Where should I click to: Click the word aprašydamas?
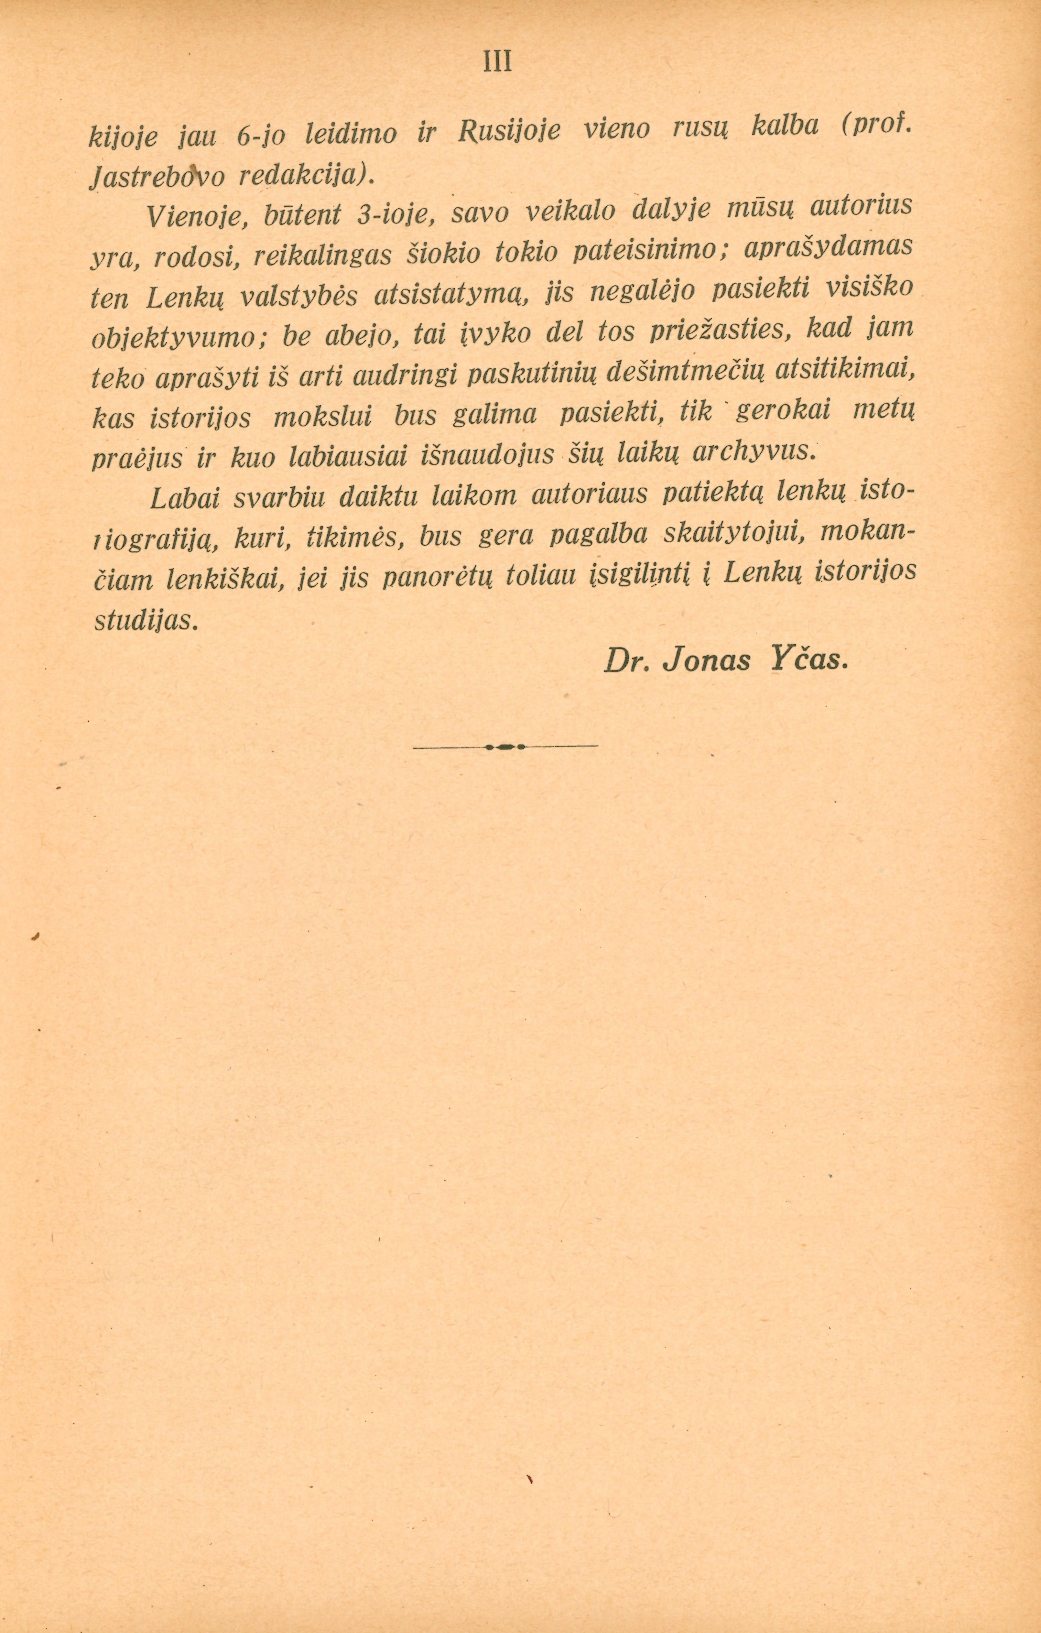(827, 247)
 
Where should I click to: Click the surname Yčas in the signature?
(808, 659)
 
